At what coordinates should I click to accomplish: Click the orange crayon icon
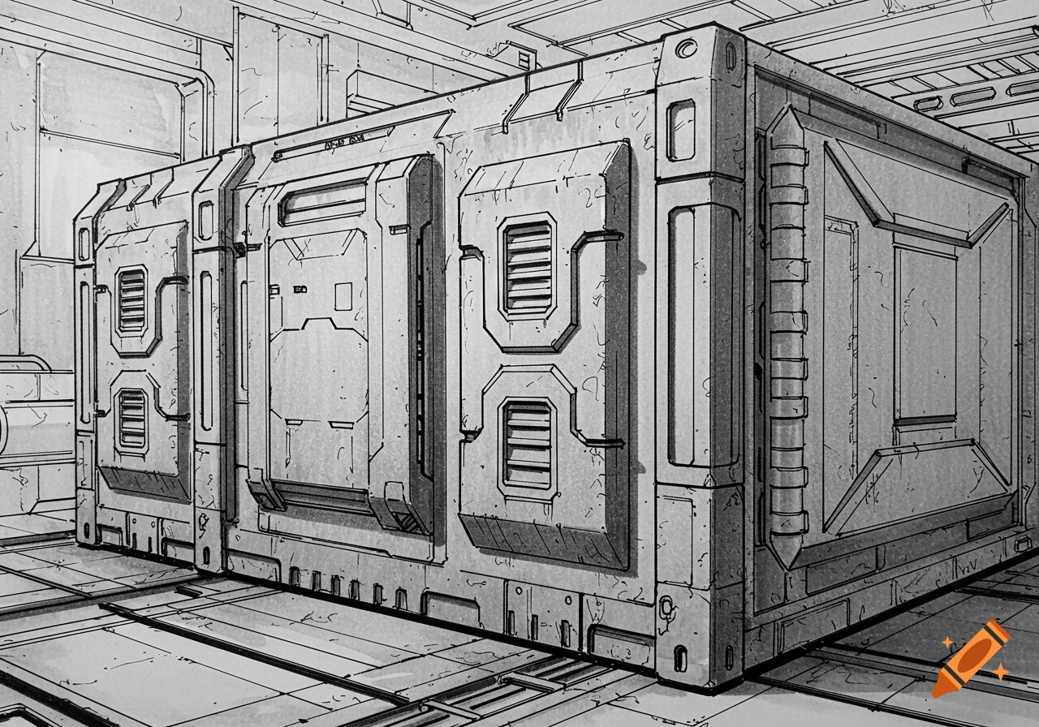click(970, 658)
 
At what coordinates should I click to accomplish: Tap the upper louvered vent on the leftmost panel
click(131, 300)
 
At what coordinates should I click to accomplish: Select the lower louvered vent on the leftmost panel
click(131, 419)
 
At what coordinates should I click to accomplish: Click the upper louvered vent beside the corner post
click(528, 266)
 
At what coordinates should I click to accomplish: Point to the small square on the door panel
click(343, 296)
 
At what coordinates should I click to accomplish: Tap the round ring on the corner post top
click(687, 49)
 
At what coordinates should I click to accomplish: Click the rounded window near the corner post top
click(681, 130)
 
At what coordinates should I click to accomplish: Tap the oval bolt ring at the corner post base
click(667, 605)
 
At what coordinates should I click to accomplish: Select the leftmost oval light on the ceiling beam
click(927, 103)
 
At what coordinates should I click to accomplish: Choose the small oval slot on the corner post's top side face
click(731, 56)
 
